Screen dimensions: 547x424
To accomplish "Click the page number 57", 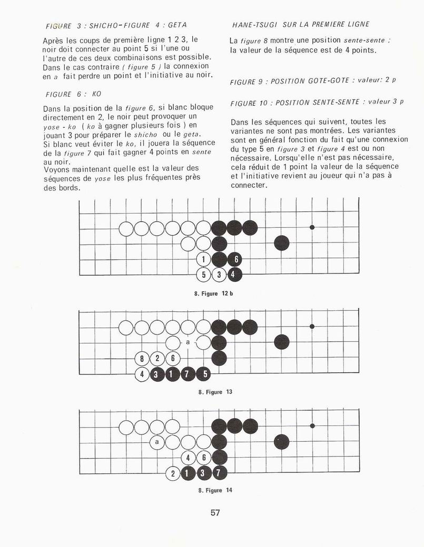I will [215, 513].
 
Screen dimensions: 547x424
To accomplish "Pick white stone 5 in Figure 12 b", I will [203, 274].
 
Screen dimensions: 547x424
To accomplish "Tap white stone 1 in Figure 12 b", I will [203, 259].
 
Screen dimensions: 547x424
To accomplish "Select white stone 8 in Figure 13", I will [142, 359].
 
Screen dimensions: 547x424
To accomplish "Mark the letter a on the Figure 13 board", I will [188, 343].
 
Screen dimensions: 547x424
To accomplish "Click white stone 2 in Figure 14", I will [173, 473].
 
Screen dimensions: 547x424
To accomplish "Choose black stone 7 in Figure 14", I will [219, 473].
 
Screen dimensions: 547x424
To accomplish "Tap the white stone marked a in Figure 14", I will [157, 442].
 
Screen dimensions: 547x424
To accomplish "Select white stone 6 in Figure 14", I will [204, 458].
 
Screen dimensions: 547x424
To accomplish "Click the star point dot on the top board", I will [312, 227].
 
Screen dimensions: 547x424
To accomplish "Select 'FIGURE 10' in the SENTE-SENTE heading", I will [250, 103].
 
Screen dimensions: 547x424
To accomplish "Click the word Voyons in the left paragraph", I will [57, 169].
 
